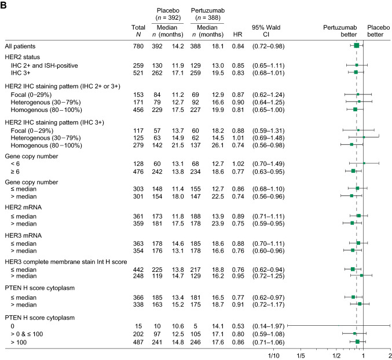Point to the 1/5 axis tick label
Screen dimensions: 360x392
pos(301,355)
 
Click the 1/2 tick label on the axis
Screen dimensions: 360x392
pos(336,355)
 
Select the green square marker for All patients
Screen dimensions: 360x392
pos(357,45)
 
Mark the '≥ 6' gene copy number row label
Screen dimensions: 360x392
pos(15,170)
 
